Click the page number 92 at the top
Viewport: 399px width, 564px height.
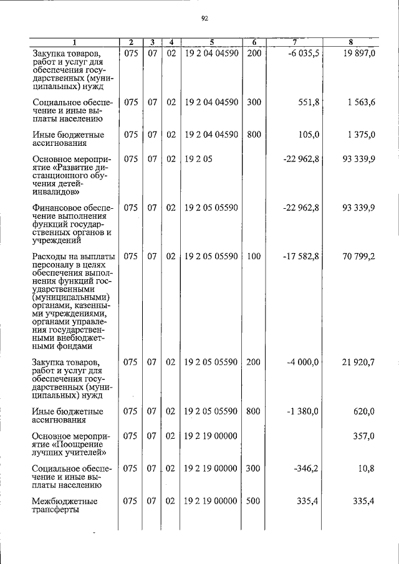[204, 18]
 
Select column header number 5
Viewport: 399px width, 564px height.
[212, 42]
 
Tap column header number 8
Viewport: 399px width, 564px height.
[351, 42]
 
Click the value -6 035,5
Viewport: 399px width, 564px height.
[304, 54]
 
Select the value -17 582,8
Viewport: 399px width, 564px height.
[301, 256]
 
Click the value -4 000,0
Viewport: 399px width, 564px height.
[304, 362]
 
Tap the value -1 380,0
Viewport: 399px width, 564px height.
[304, 411]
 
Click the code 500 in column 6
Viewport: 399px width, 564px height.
[254, 500]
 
